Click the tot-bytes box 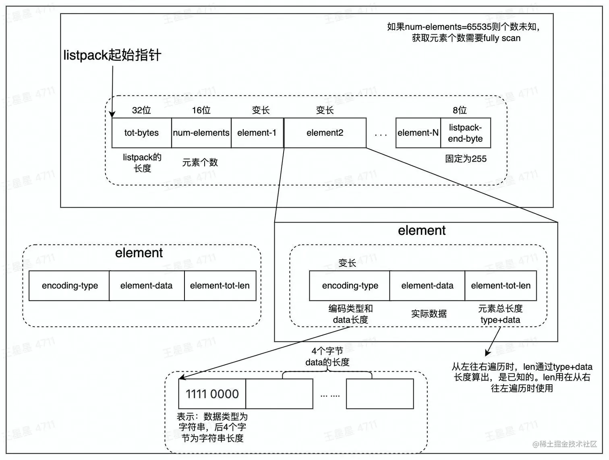141,133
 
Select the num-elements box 201,133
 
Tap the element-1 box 257,133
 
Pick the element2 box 325,133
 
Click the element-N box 418,133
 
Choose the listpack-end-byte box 465,133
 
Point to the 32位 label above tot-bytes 141,110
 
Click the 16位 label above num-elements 201,110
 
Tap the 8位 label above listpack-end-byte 460,110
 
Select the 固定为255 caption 466,159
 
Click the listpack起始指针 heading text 112,55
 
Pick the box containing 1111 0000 212,394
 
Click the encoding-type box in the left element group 69,286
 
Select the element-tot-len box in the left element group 220,286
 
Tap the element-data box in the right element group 427,286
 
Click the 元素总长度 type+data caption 500,314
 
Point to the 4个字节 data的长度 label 327,357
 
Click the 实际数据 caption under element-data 429,314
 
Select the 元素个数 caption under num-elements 200,162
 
